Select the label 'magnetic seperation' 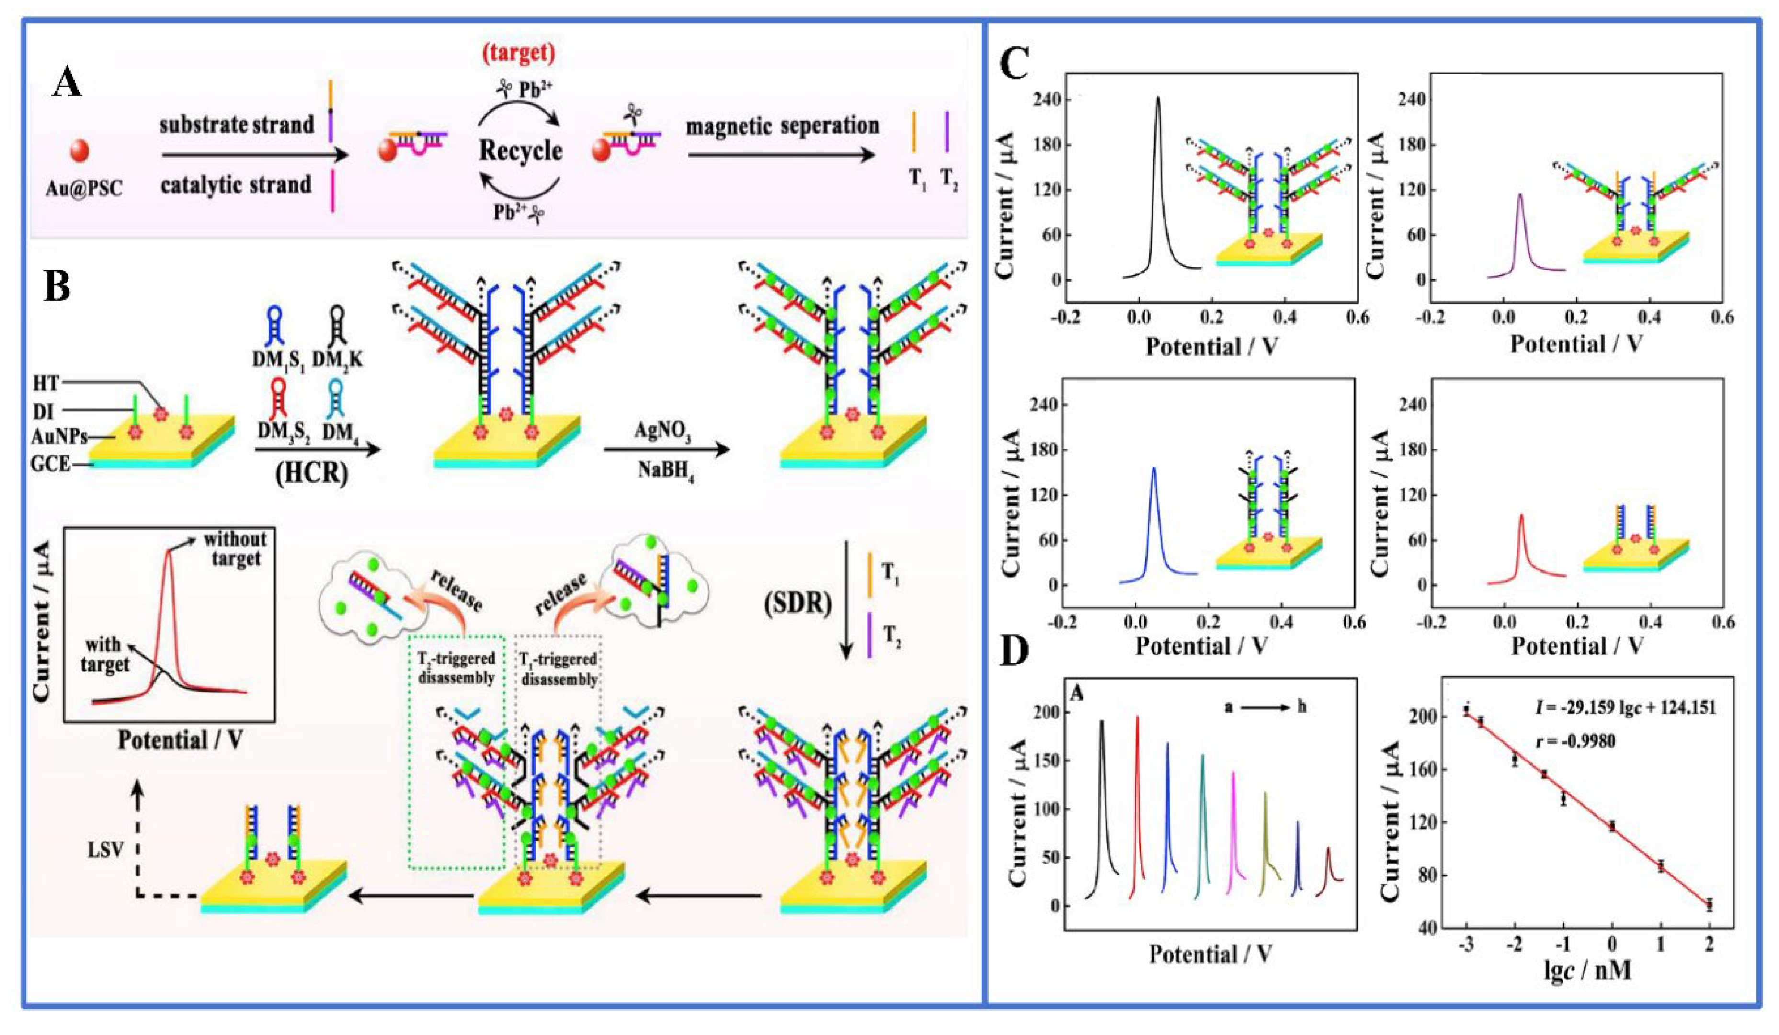[x=783, y=126]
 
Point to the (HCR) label [x=311, y=472]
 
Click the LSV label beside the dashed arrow [x=106, y=849]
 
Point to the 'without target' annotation [x=235, y=548]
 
